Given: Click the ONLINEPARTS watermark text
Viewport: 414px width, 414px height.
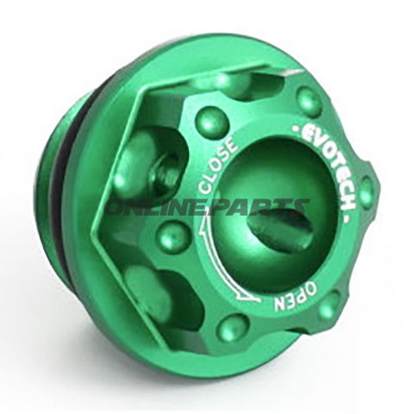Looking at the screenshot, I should tap(206, 208).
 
